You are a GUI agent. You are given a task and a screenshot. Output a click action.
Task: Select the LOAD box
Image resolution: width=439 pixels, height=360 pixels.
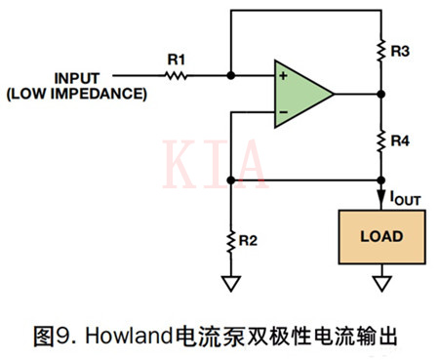381,236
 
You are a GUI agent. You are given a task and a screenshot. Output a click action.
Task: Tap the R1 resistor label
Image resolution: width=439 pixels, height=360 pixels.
176,60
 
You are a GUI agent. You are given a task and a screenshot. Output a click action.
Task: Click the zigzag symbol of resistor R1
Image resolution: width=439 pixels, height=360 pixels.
177,75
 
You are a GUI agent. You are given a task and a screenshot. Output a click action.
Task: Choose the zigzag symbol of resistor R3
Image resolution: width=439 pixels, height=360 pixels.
380,50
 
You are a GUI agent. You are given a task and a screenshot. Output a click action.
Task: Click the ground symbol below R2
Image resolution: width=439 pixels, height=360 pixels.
229,282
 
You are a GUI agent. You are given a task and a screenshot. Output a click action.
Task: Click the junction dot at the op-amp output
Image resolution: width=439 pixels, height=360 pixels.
380,95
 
